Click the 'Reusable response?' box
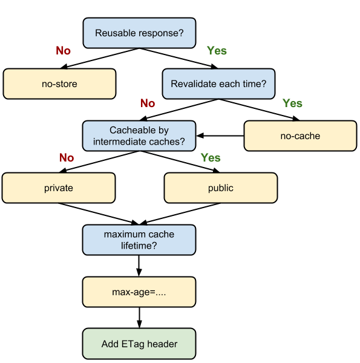pyautogui.click(x=139, y=33)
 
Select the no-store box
pyautogui.click(x=59, y=84)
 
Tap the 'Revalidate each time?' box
pyautogui.click(x=218, y=84)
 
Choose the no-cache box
pyautogui.click(x=300, y=136)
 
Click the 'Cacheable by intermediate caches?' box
pyautogui.click(x=139, y=136)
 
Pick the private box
pyautogui.click(x=59, y=188)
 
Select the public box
pyautogui.click(x=221, y=188)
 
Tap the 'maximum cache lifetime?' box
pyautogui.click(x=139, y=240)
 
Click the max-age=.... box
pyautogui.click(x=139, y=292)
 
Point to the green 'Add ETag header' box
pyautogui.click(x=139, y=344)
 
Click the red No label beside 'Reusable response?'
pyautogui.click(x=63, y=50)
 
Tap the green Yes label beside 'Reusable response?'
pyautogui.click(x=217, y=50)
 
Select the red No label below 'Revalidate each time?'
pyautogui.click(x=148, y=103)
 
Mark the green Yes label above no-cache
pyautogui.click(x=292, y=103)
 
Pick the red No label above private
pyautogui.click(x=67, y=158)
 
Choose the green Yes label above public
pyautogui.click(x=211, y=158)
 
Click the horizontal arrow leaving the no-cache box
pyautogui.click(x=220, y=136)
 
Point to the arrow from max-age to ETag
pyautogui.click(x=139, y=318)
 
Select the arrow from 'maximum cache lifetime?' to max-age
pyautogui.click(x=139, y=266)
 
